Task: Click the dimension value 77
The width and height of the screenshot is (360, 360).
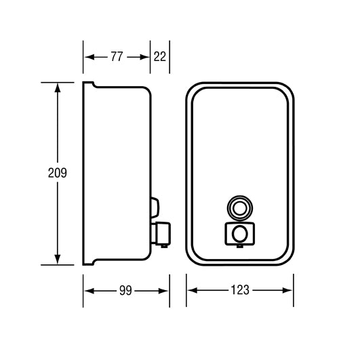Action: (x=117, y=56)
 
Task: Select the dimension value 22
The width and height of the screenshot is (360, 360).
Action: (x=160, y=56)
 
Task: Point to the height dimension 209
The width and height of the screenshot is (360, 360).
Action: (x=58, y=173)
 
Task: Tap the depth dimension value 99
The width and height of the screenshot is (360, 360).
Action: (x=125, y=291)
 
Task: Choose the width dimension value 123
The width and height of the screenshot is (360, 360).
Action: (x=240, y=290)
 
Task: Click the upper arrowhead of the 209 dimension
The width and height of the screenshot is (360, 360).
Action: (x=58, y=87)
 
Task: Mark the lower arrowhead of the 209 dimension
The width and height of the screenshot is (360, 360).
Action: (x=58, y=260)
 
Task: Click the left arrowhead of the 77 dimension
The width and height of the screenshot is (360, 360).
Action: (x=89, y=57)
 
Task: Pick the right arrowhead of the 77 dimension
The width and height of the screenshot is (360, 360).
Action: (x=144, y=57)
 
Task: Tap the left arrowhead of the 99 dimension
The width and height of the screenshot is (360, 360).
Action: (x=89, y=291)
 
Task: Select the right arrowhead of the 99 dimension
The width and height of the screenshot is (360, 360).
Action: (x=163, y=291)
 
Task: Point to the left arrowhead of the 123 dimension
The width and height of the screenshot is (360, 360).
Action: (x=193, y=290)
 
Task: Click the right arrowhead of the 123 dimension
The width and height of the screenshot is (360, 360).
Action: (x=287, y=290)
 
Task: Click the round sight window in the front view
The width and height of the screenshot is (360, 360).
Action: (x=240, y=208)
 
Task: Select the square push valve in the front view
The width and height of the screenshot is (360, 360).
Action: (x=240, y=234)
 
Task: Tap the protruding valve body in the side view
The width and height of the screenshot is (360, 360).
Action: (x=161, y=233)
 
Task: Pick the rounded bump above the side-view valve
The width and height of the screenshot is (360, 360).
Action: (x=155, y=207)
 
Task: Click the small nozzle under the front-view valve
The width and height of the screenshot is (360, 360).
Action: (x=240, y=247)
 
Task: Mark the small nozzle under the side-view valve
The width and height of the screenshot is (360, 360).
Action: (x=164, y=246)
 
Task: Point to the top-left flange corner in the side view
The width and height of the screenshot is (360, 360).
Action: (x=83, y=82)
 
